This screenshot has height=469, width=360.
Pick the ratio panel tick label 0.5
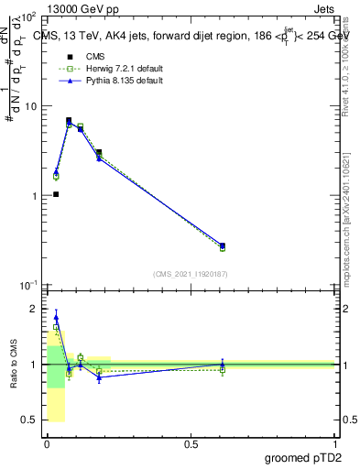point(31,420)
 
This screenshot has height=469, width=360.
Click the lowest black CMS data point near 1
point(56,194)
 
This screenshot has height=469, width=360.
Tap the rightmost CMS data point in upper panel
point(223,245)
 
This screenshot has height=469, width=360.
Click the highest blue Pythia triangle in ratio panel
point(56,317)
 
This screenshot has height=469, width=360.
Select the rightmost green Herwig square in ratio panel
point(223,370)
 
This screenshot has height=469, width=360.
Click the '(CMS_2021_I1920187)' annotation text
point(190,273)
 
